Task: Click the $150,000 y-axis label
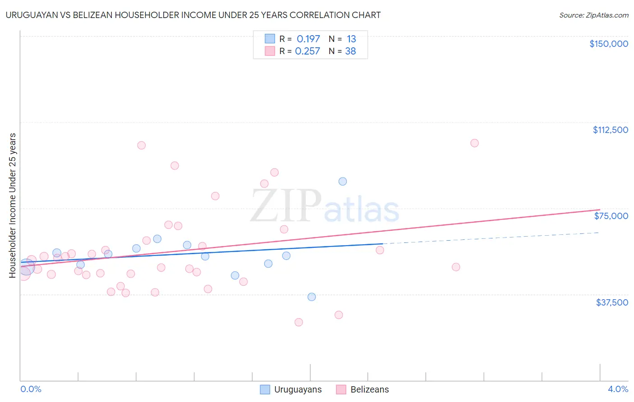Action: [x=608, y=44]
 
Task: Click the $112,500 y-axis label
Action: [x=610, y=130]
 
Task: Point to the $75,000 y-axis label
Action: [x=611, y=216]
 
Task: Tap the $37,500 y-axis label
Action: [x=612, y=302]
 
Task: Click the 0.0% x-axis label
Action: [x=31, y=389]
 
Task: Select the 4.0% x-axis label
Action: [x=618, y=389]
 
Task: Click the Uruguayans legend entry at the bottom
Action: [x=298, y=389]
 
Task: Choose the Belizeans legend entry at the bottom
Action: [x=369, y=389]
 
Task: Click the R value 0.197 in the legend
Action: [x=308, y=39]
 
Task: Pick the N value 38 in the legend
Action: [x=350, y=51]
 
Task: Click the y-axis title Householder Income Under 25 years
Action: [x=12, y=205]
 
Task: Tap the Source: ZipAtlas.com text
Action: [x=593, y=15]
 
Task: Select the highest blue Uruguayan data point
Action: [x=343, y=181]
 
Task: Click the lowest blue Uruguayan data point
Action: [x=312, y=297]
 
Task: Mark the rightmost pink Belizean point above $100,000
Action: [x=474, y=143]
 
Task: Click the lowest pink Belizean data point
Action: [x=299, y=322]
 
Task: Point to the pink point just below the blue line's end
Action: [x=380, y=250]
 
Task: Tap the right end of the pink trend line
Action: [x=599, y=210]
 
